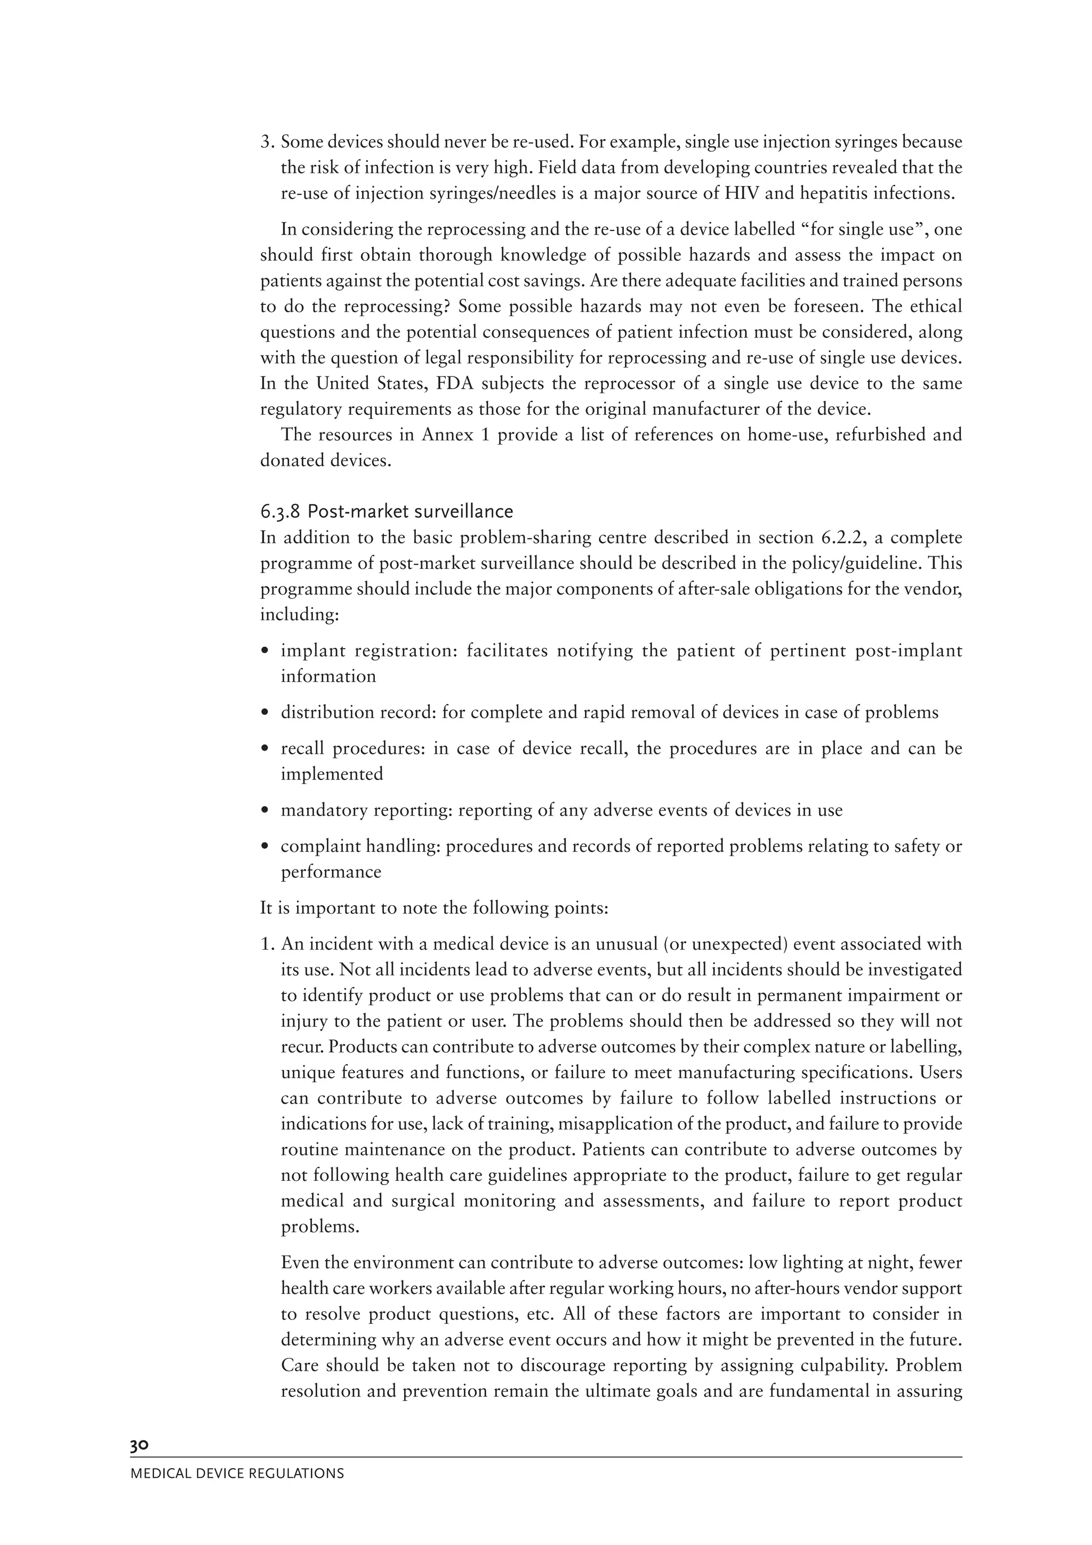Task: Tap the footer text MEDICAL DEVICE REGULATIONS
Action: (237, 1473)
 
